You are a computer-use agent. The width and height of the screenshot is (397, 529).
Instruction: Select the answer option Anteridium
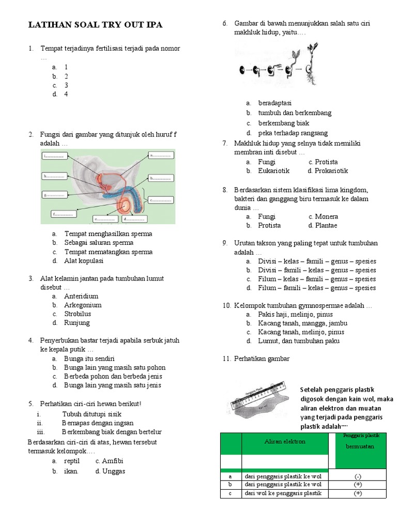(x=81, y=296)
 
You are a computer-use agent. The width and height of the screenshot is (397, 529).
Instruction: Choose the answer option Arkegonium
(x=83, y=305)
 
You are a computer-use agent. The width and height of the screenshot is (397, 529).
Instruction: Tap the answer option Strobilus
(x=78, y=314)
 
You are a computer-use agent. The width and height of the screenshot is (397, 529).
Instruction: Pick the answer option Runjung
(x=77, y=322)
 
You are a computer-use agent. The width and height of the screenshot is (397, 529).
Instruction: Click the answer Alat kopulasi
(x=84, y=260)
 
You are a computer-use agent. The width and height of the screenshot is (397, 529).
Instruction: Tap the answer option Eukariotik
(x=274, y=170)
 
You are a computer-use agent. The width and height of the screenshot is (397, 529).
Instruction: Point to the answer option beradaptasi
(x=275, y=103)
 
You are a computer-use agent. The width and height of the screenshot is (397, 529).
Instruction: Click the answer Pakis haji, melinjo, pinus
(x=296, y=314)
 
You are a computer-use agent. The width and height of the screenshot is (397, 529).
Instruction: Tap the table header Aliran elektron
(x=285, y=441)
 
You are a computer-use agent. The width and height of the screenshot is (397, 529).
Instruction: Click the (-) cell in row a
(x=358, y=476)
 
